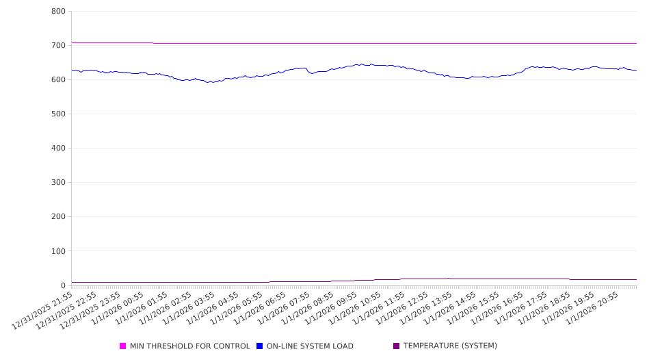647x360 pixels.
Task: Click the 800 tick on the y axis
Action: (58, 12)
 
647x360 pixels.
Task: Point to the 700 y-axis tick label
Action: (58, 46)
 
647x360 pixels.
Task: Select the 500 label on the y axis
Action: (58, 114)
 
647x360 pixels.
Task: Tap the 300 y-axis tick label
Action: (58, 183)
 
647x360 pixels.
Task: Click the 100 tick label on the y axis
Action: (58, 251)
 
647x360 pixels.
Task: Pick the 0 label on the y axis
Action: (62, 285)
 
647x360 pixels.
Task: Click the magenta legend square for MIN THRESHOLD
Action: (123, 346)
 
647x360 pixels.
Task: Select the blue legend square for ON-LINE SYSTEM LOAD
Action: (260, 346)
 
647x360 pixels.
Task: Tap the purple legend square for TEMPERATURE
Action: (397, 346)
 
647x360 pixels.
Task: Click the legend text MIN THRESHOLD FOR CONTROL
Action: (189, 346)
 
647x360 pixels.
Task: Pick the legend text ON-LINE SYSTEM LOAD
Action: (310, 346)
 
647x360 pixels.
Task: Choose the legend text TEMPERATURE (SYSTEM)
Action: (450, 346)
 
